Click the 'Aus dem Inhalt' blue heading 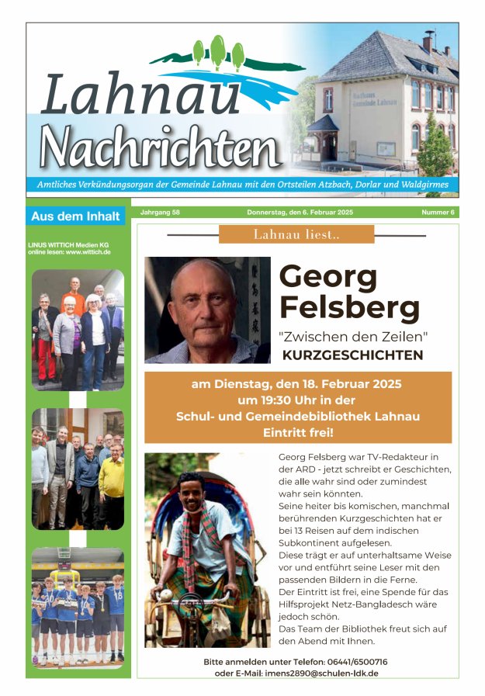[x=75, y=216]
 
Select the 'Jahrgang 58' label [x=160, y=212]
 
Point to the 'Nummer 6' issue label [x=438, y=212]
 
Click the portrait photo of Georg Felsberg [x=207, y=310]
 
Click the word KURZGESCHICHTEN [x=352, y=355]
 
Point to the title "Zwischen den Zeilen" [x=353, y=337]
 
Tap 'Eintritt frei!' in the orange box [x=298, y=432]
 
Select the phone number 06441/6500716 [x=348, y=662]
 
